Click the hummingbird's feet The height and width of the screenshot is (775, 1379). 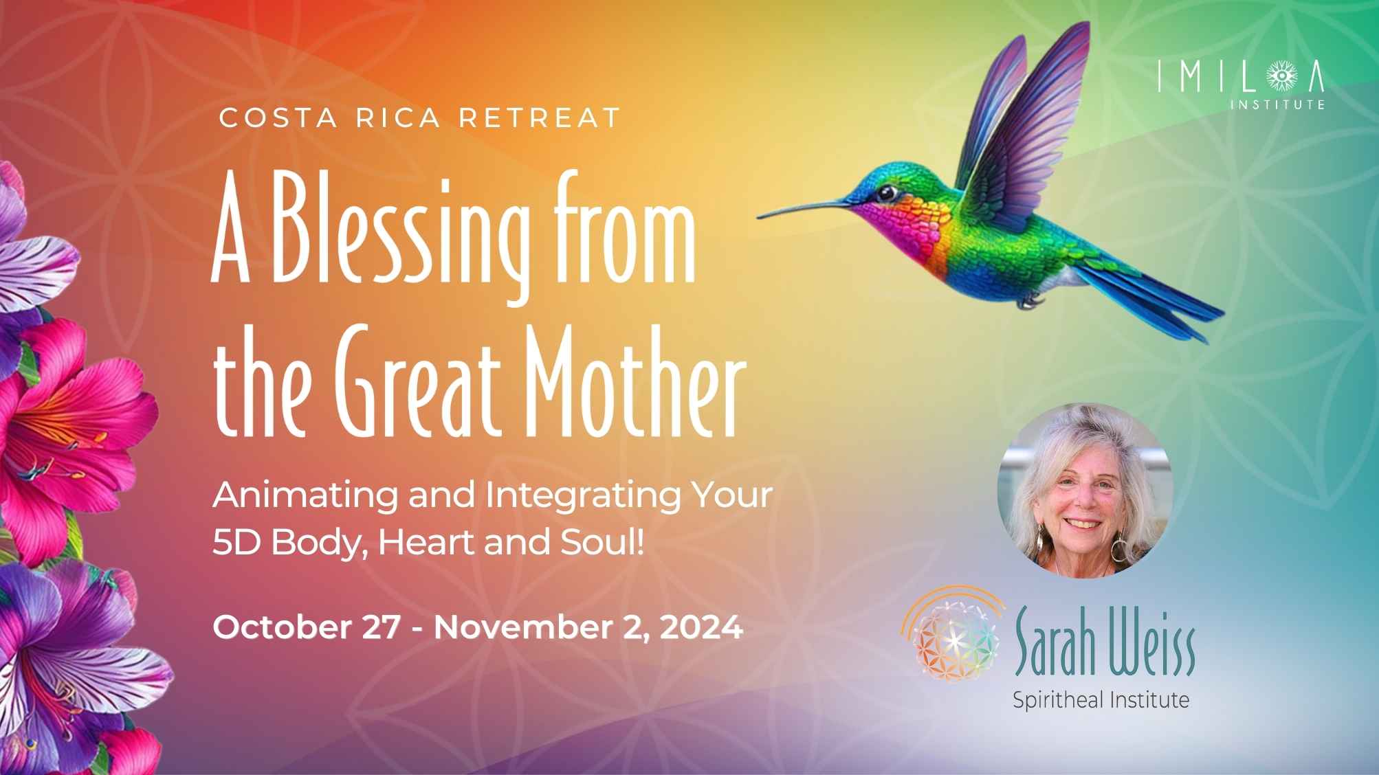(1028, 300)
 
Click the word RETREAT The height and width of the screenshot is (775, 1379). (540, 117)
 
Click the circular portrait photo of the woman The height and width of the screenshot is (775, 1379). (1084, 490)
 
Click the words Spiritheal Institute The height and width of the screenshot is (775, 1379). (1101, 700)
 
